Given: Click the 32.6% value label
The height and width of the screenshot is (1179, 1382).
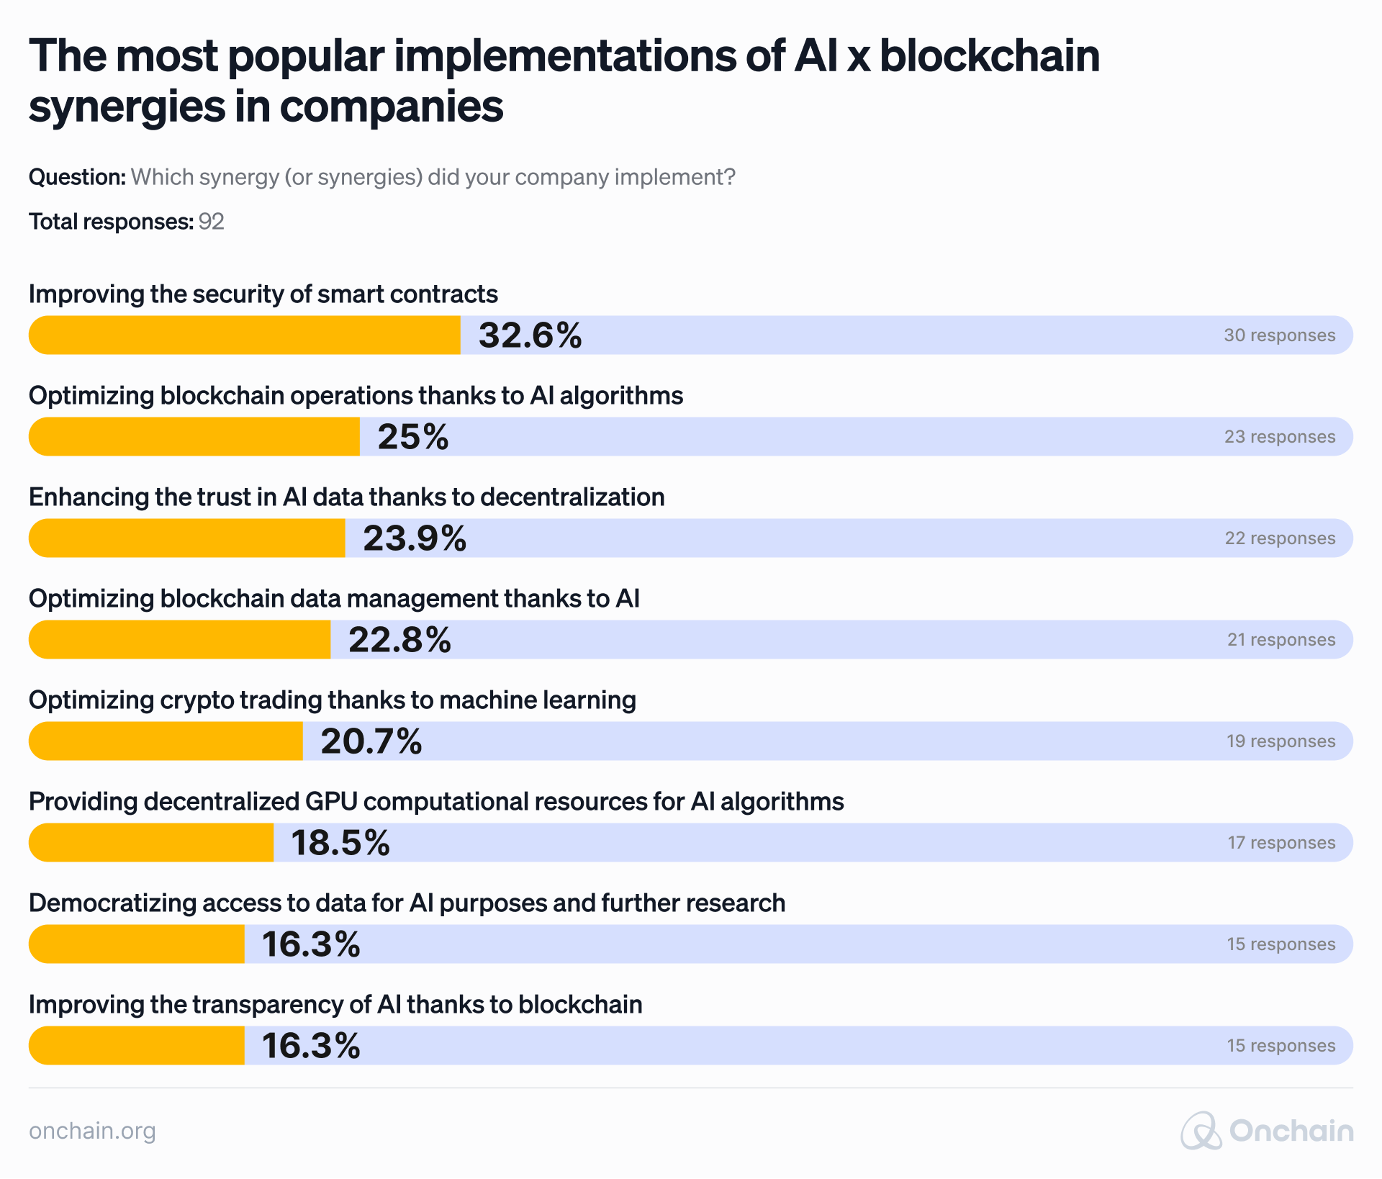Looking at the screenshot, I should click(x=530, y=335).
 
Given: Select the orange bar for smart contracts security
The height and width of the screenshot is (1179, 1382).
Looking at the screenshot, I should click(x=245, y=335).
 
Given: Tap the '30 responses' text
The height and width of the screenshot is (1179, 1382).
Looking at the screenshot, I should click(x=1279, y=335).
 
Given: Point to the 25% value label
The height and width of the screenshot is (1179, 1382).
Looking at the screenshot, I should click(x=412, y=437).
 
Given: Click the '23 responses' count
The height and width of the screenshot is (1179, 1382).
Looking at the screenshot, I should click(x=1279, y=437).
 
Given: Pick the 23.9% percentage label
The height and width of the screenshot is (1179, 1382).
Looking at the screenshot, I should click(x=415, y=538).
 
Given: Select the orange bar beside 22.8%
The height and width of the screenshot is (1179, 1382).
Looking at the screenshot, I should click(x=180, y=640).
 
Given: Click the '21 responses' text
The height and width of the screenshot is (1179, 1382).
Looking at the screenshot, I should click(x=1281, y=640).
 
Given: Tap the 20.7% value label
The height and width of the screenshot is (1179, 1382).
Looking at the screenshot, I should click(x=371, y=741).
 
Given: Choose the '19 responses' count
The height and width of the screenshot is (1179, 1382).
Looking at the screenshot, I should click(x=1281, y=741).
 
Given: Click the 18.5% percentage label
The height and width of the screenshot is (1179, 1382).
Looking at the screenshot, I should click(x=340, y=843).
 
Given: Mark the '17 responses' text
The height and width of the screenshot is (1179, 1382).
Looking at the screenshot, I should click(x=1281, y=843).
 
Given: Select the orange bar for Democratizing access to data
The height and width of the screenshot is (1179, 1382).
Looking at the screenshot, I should click(x=137, y=944).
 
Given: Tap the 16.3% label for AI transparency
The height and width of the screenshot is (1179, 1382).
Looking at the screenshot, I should click(x=310, y=1046).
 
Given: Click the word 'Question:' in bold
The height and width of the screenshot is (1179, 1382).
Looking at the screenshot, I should click(x=77, y=177).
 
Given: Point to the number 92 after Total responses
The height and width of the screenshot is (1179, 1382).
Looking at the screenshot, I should click(x=211, y=222).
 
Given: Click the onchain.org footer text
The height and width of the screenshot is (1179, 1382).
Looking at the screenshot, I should click(x=92, y=1131).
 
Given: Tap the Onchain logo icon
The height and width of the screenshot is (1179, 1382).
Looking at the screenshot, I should click(x=1201, y=1131).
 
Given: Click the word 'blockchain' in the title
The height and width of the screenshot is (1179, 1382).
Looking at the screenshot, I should click(x=990, y=56).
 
